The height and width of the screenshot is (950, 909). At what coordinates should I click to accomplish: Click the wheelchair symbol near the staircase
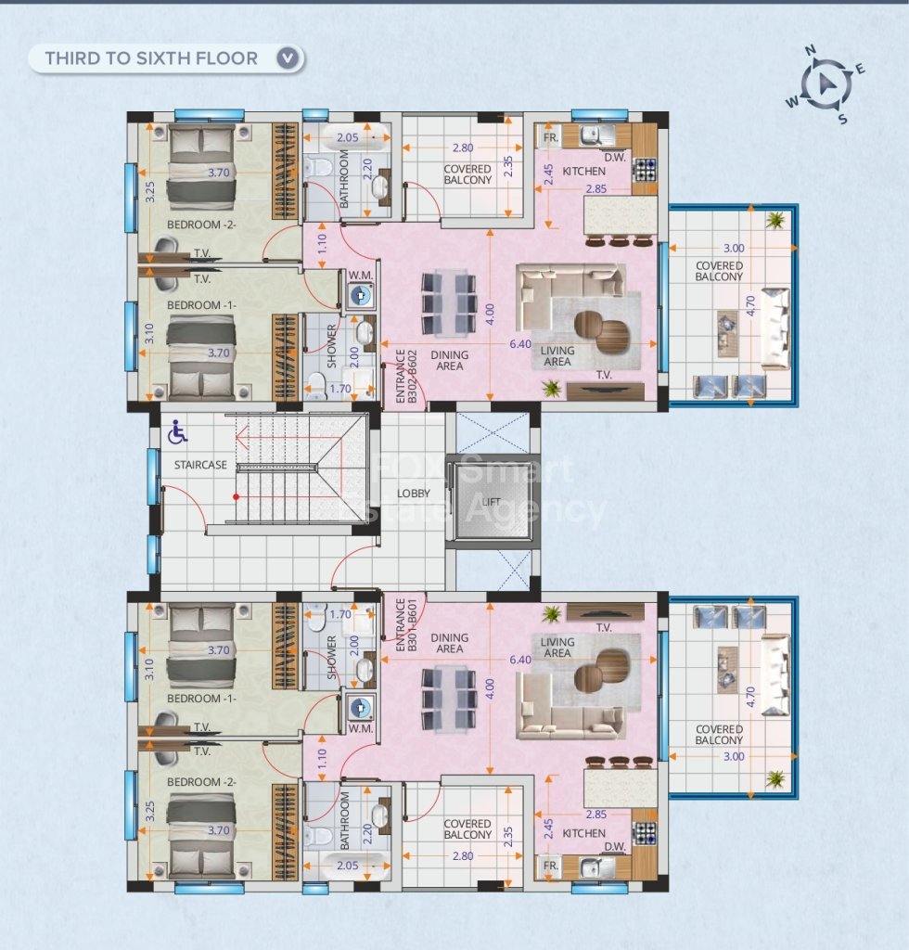pos(177,431)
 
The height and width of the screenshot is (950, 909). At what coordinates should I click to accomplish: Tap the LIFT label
pos(492,502)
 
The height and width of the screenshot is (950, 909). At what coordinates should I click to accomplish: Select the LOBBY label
pos(414,494)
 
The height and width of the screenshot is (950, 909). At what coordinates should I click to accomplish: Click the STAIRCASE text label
pos(200,465)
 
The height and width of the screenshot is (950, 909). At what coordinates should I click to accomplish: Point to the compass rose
pos(826,84)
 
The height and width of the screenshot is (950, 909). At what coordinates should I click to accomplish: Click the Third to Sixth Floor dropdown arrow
pos(288,58)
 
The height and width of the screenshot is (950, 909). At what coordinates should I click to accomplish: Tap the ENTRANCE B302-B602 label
pos(405,376)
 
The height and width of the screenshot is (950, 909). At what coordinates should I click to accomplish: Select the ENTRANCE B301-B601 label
pos(405,625)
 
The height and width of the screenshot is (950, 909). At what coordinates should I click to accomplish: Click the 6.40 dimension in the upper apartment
pos(520,344)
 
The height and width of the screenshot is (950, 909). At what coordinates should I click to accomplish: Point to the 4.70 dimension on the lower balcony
pos(751,697)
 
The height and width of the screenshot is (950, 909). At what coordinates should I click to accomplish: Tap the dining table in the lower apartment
pos(449,698)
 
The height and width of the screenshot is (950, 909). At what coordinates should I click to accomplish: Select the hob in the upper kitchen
pos(644,171)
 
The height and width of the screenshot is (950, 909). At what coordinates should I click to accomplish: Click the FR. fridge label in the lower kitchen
pos(550,866)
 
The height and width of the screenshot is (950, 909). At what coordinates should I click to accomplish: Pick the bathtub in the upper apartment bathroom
pos(348,137)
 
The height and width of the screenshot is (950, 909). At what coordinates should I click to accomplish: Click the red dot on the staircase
pos(237,497)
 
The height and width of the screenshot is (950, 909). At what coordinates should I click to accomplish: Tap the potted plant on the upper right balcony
pos(775,221)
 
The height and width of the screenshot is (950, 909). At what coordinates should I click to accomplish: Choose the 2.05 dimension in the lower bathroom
pos(348,866)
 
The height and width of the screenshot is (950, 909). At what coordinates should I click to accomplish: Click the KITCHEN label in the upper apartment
pos(583,172)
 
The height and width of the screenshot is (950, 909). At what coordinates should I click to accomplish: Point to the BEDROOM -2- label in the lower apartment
pos(201,781)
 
